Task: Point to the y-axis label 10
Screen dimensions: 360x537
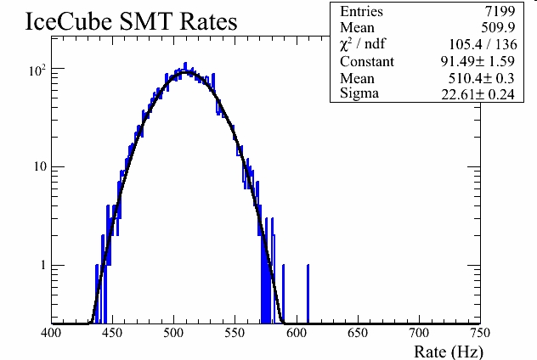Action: click(x=38, y=167)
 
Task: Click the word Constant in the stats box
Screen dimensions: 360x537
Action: click(x=367, y=61)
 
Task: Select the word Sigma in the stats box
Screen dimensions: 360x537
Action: click(x=359, y=93)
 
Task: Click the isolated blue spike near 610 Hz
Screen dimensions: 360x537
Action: click(x=308, y=293)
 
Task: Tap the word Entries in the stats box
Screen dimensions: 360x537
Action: click(x=362, y=12)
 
